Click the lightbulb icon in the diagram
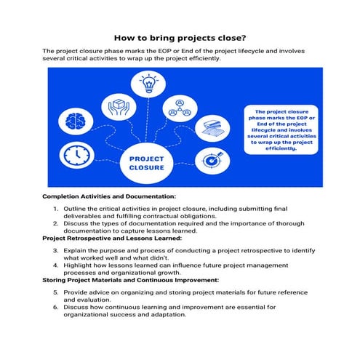[148, 83]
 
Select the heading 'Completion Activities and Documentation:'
[109, 197]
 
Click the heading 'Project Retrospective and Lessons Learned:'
[112, 238]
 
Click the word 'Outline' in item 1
[77, 209]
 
